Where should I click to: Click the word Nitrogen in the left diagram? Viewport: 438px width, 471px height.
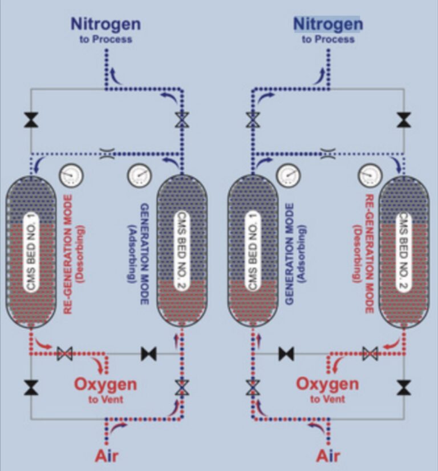click(x=106, y=24)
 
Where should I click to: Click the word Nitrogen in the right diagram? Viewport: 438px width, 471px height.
click(x=328, y=24)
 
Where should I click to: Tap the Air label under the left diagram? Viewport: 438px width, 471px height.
click(x=106, y=456)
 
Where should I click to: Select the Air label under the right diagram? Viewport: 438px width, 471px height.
click(x=328, y=456)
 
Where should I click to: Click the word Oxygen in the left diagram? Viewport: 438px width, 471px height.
click(x=106, y=384)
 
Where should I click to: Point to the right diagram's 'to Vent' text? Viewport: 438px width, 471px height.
click(x=327, y=399)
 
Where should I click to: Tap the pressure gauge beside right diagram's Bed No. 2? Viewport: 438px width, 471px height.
click(x=370, y=175)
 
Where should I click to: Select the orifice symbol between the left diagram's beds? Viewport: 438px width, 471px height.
click(x=106, y=153)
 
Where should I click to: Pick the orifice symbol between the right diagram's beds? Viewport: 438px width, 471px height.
click(x=328, y=153)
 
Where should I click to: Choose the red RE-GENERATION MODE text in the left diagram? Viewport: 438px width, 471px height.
click(x=68, y=255)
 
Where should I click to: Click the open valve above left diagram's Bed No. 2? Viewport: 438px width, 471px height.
click(x=181, y=120)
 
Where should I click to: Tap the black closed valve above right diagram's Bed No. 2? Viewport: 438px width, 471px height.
click(x=404, y=120)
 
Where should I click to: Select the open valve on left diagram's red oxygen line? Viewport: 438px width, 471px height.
click(x=64, y=354)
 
